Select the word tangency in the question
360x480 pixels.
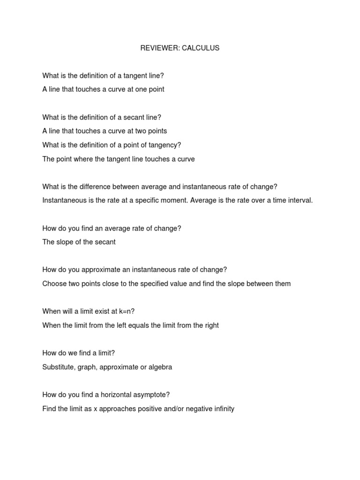tap(162, 145)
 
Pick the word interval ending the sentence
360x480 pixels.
tap(300, 201)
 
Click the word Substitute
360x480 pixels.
tap(59, 367)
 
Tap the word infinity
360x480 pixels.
tap(222, 409)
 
